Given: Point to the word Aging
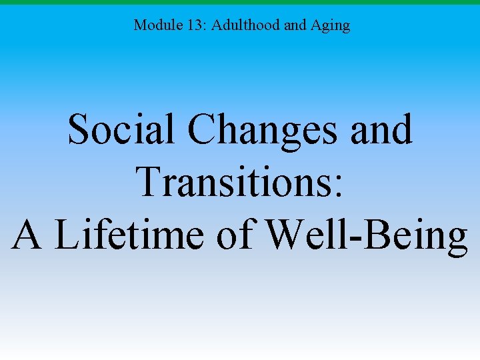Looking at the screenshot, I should point(331,26).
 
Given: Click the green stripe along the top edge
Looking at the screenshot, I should point(240,2).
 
